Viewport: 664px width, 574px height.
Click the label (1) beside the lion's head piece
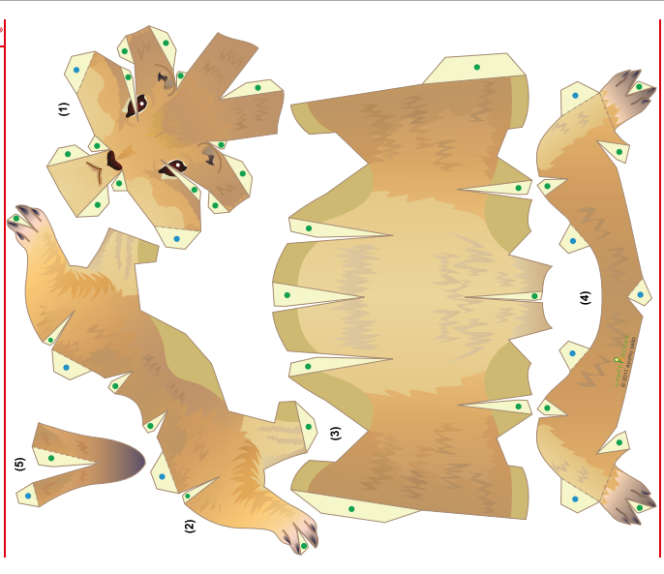pyautogui.click(x=64, y=108)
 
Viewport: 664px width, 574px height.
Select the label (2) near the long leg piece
pyautogui.click(x=190, y=527)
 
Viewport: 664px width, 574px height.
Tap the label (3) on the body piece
pyautogui.click(x=335, y=433)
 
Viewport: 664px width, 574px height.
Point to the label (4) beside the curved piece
pyautogui.click(x=585, y=297)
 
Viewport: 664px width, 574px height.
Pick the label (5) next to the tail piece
pyautogui.click(x=19, y=464)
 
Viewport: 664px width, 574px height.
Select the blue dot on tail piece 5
pyautogui.click(x=28, y=496)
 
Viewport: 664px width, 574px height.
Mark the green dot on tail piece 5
pyautogui.click(x=50, y=458)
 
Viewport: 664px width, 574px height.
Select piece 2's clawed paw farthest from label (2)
pyautogui.click(x=27, y=220)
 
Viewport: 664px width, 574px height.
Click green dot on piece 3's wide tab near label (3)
pyautogui.click(x=351, y=508)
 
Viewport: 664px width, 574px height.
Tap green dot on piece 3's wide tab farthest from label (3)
pyautogui.click(x=476, y=67)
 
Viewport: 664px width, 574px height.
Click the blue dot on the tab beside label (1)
pyautogui.click(x=76, y=70)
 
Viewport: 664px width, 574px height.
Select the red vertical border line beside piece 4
pyautogui.click(x=658, y=290)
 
